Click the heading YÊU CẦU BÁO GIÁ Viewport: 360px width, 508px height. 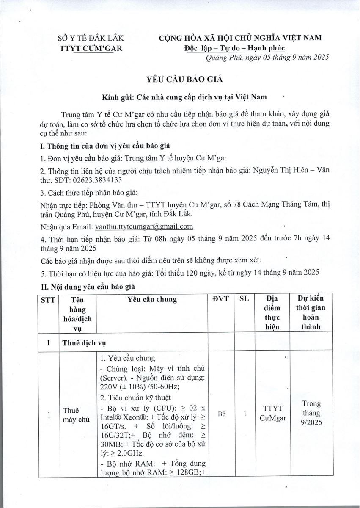click(x=181, y=79)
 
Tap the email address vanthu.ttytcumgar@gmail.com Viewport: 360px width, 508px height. click(x=144, y=226)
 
